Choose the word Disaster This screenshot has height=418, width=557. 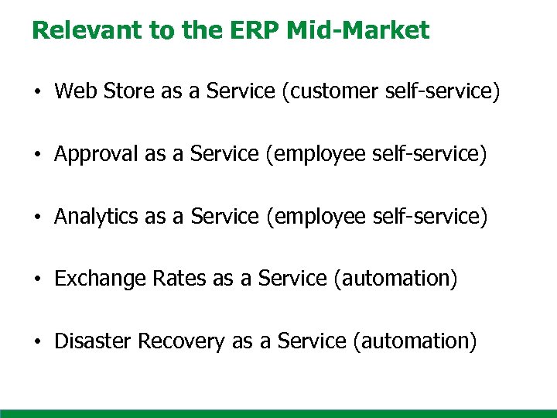click(91, 341)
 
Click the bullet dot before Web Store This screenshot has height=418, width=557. click(38, 93)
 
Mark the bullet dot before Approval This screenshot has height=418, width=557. click(38, 156)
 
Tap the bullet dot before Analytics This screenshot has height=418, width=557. click(38, 218)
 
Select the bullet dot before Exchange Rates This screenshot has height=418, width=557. click(38, 279)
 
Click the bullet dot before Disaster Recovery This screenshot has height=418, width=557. click(38, 341)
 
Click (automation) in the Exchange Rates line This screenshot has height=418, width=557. click(395, 279)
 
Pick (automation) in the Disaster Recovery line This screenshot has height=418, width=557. click(415, 341)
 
